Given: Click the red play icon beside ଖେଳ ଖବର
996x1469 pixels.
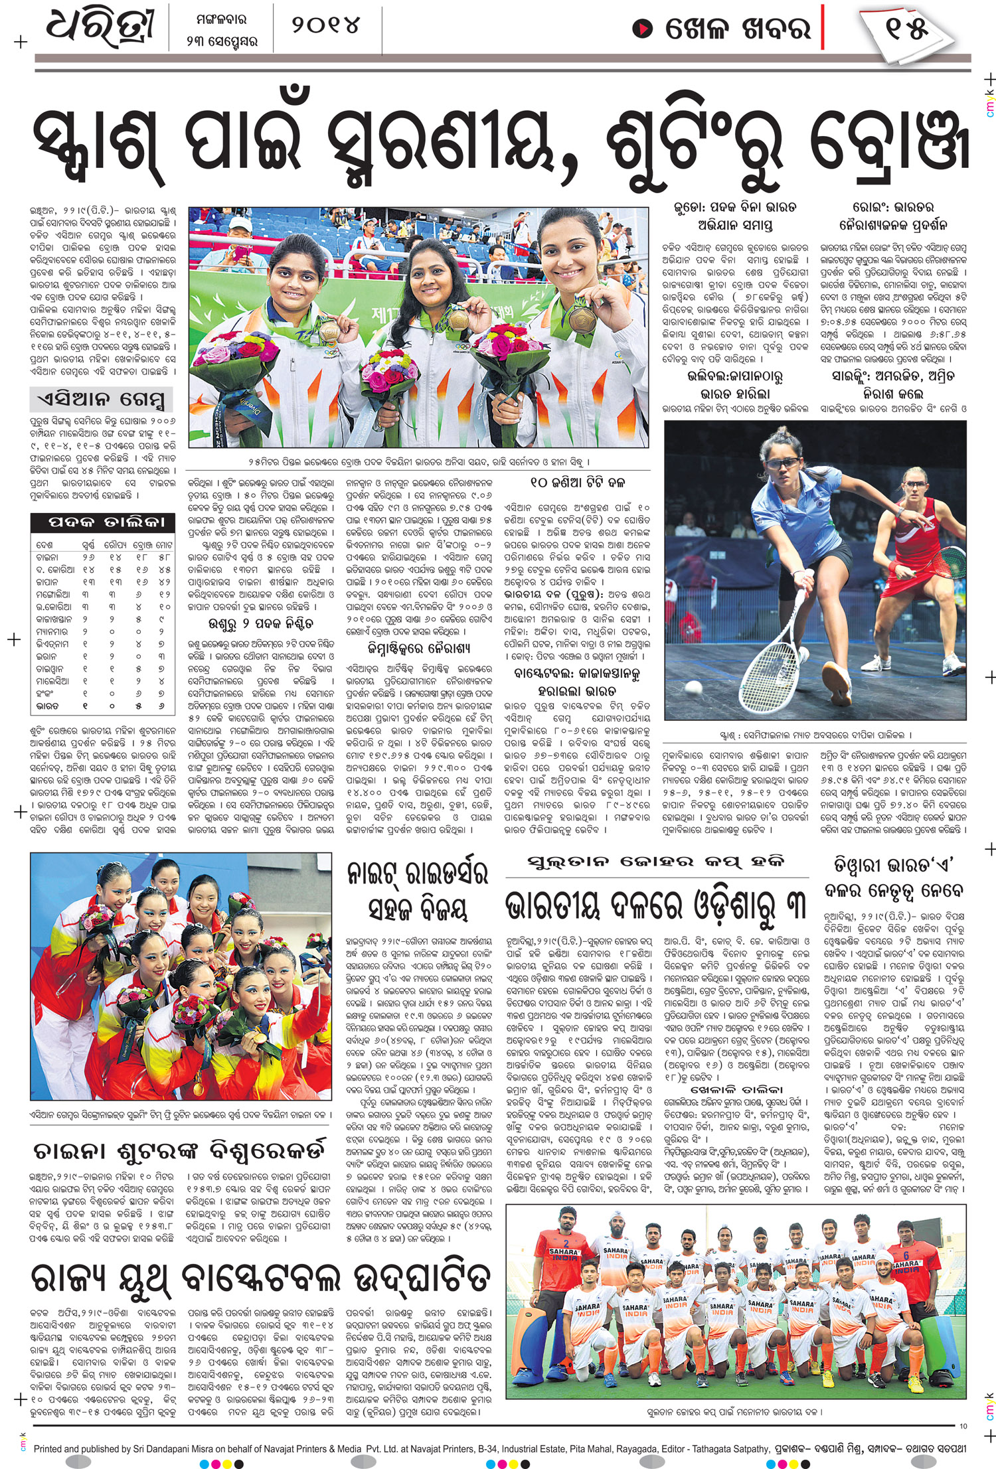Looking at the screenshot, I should pyautogui.click(x=642, y=29).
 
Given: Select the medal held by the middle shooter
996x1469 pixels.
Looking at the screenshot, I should pyautogui.click(x=459, y=321).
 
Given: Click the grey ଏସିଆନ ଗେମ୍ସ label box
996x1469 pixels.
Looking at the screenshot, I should pyautogui.click(x=101, y=400).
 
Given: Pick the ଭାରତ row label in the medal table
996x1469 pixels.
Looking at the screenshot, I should pyautogui.click(x=47, y=706).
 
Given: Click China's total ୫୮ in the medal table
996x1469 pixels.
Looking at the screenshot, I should pyautogui.click(x=163, y=557).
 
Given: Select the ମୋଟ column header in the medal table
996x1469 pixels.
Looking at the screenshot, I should pyautogui.click(x=163, y=544).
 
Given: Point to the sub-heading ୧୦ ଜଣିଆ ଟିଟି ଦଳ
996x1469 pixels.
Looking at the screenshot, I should pyautogui.click(x=578, y=483).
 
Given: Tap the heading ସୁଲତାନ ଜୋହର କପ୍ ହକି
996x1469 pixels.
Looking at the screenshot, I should pyautogui.click(x=656, y=862).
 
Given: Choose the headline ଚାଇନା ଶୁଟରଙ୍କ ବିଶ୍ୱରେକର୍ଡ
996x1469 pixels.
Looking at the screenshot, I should pyautogui.click(x=179, y=1150).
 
